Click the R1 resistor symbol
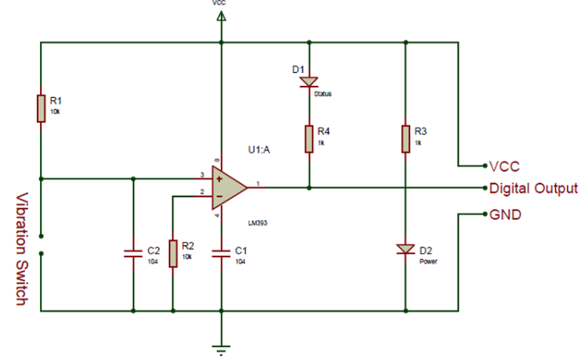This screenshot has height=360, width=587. coord(40,108)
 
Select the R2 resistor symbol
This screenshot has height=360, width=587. coord(173,252)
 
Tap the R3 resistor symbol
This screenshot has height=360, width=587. coord(406,137)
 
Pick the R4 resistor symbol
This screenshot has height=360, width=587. coord(308,138)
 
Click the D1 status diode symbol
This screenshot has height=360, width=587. coord(308,81)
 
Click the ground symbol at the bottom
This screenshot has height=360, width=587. coord(220,348)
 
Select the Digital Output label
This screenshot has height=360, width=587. coord(533,189)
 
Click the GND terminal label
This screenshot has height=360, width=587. coord(505,215)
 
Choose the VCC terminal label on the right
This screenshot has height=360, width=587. coord(505,166)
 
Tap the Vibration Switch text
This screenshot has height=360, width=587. coord(22,249)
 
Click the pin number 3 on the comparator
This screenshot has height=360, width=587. coord(202,174)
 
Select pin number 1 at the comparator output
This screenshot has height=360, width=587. coord(258,183)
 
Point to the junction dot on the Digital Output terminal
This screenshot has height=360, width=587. coord(484,189)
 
